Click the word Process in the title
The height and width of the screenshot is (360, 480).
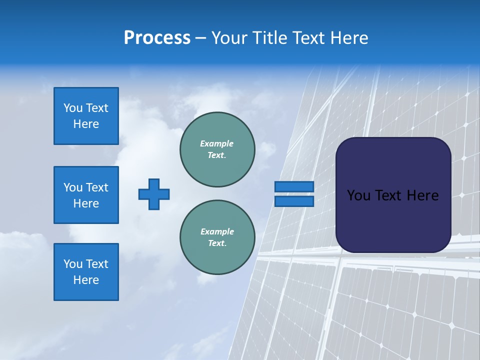point(157,38)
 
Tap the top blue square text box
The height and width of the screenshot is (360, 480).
point(86,116)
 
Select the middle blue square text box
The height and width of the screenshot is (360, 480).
point(86,195)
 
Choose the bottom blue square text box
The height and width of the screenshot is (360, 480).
point(86,272)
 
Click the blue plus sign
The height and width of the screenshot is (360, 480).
point(154,194)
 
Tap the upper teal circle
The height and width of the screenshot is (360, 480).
point(217,149)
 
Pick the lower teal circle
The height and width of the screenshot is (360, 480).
point(217,237)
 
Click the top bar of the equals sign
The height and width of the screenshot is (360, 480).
point(294,186)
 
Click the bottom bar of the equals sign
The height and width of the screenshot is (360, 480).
point(294,201)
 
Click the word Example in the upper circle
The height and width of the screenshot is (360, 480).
point(217,143)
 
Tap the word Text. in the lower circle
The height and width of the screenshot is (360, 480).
point(217,243)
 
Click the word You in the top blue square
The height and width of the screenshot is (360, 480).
point(73,108)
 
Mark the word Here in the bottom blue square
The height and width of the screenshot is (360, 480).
point(86,280)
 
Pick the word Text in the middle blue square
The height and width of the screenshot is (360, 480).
point(96,187)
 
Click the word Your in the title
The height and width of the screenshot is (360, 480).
point(228,38)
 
